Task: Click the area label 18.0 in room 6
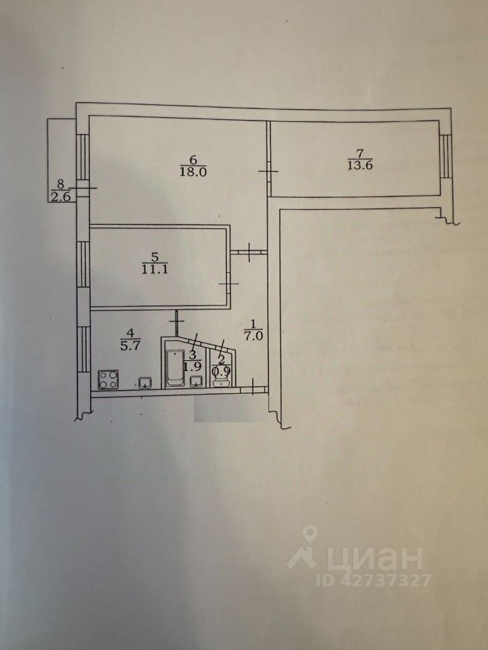tap(193, 171)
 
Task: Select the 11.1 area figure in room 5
tap(155, 268)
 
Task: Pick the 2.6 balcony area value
tap(60, 197)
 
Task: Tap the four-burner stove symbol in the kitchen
tap(108, 379)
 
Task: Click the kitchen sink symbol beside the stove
tap(145, 383)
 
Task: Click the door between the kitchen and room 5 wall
tap(178, 316)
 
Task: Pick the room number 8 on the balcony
tap(60, 183)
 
